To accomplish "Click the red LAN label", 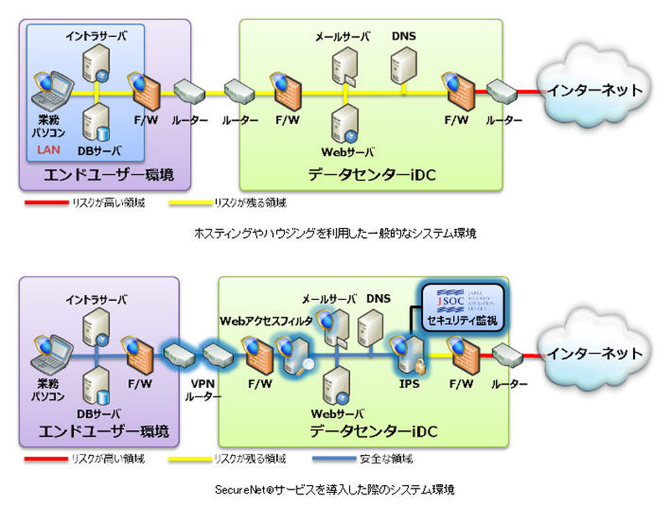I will [x=47, y=150].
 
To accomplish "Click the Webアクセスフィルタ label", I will [x=266, y=321].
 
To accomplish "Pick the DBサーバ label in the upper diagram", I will [x=100, y=150].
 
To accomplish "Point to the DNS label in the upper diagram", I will [x=404, y=36].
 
